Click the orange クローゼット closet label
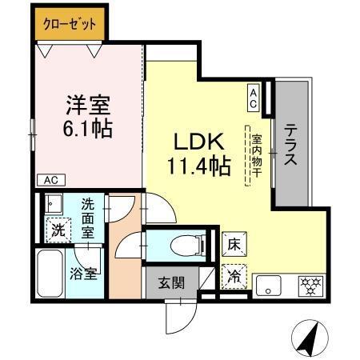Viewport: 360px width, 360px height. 68,25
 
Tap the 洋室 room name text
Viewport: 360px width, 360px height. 86,104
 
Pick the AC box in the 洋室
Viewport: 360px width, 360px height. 50,180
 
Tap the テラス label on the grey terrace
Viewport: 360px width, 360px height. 290,144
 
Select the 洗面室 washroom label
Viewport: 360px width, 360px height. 88,216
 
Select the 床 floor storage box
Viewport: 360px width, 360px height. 234,242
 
